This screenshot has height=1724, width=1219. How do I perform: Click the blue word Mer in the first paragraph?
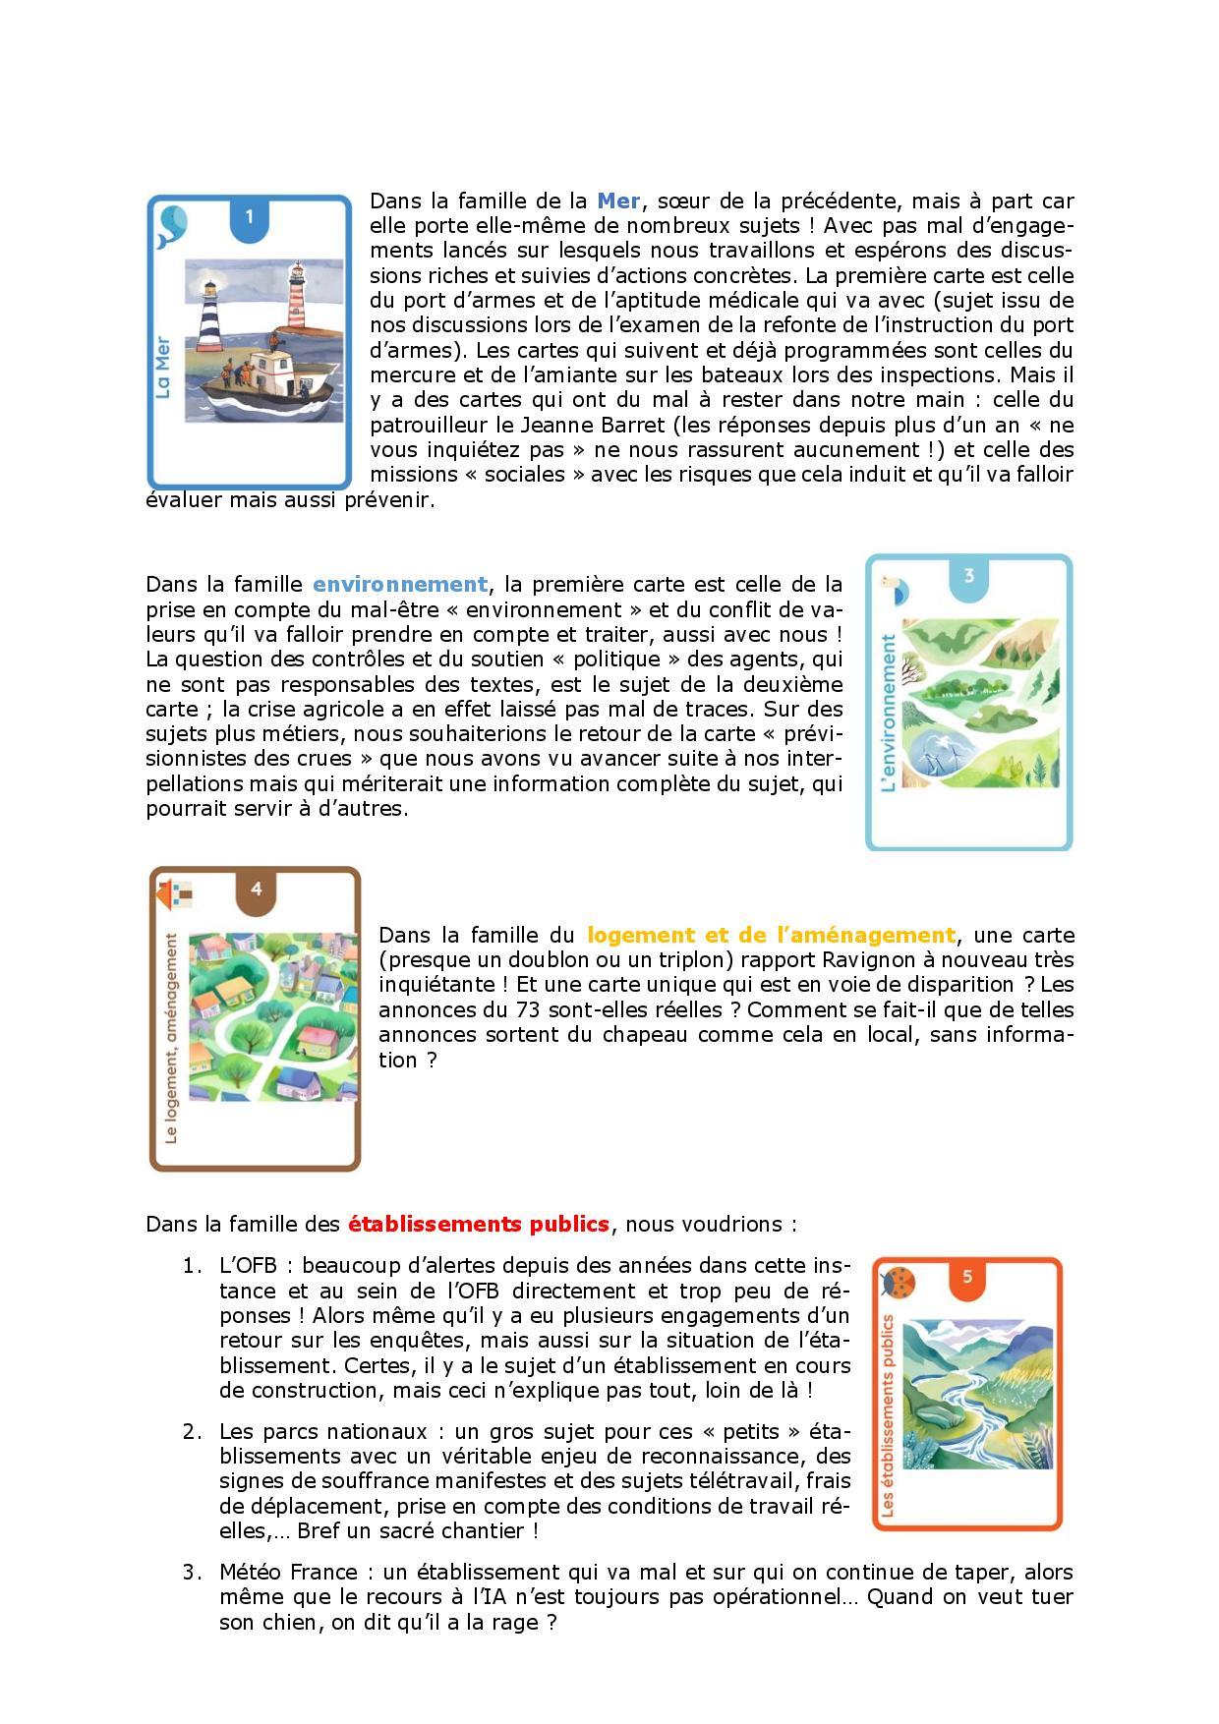(618, 201)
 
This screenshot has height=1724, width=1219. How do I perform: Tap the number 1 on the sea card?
(250, 216)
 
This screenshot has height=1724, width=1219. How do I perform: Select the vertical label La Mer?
(164, 368)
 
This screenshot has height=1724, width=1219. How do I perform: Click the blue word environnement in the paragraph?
(400, 585)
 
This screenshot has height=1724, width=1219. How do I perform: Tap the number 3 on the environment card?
(968, 576)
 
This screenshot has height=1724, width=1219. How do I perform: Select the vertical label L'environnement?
(889, 713)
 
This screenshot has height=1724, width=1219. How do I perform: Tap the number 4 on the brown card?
(257, 890)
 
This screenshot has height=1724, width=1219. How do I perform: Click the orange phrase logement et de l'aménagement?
(771, 935)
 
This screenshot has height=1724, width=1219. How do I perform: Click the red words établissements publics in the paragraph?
(479, 1225)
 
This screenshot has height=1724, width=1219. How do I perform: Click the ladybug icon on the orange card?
(900, 1282)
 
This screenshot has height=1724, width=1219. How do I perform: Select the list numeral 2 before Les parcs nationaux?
(191, 1431)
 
